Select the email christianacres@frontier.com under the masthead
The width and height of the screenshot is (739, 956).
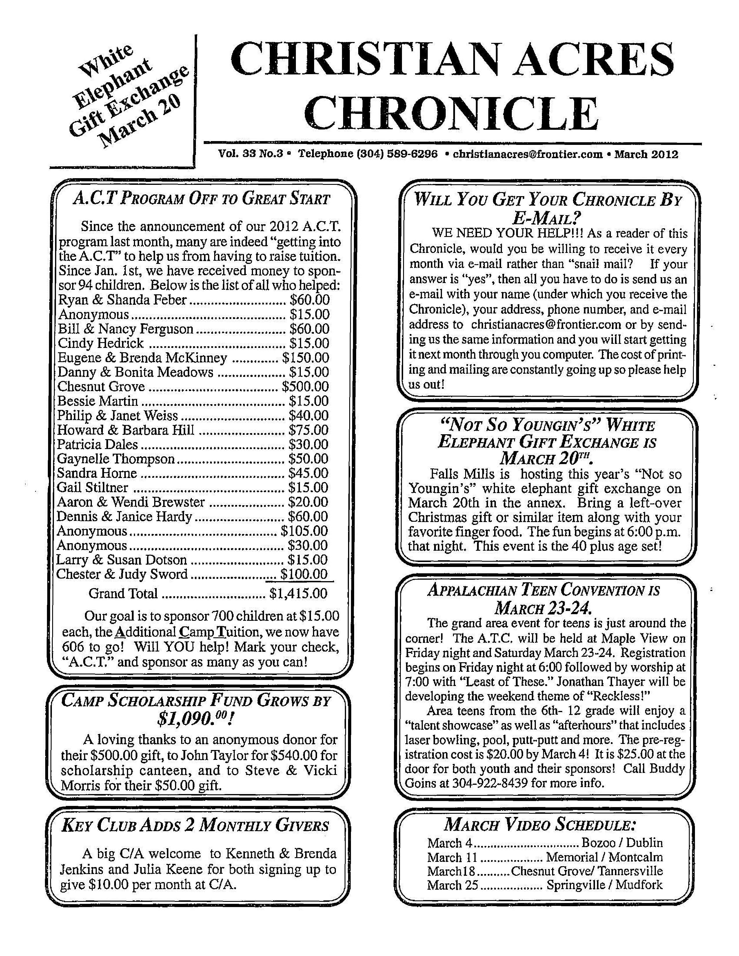tap(527, 154)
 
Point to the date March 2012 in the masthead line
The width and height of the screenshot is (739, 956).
tap(646, 154)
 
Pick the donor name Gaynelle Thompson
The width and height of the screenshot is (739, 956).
tap(116, 459)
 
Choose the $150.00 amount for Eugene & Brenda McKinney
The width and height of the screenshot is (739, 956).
tap(305, 357)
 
